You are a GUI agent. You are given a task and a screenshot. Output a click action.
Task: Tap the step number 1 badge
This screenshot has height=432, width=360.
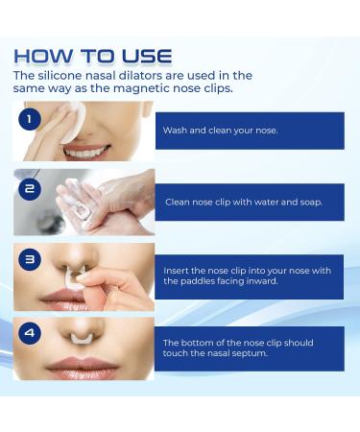coord(29,120)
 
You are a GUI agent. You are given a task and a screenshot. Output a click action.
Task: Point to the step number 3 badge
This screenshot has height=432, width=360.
coord(29,259)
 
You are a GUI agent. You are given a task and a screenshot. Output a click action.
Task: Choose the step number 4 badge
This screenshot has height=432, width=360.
coord(29,332)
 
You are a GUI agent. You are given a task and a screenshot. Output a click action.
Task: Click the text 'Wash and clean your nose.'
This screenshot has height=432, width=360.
coord(221,131)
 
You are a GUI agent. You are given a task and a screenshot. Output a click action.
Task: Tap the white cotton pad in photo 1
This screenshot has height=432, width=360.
coord(69,124)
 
